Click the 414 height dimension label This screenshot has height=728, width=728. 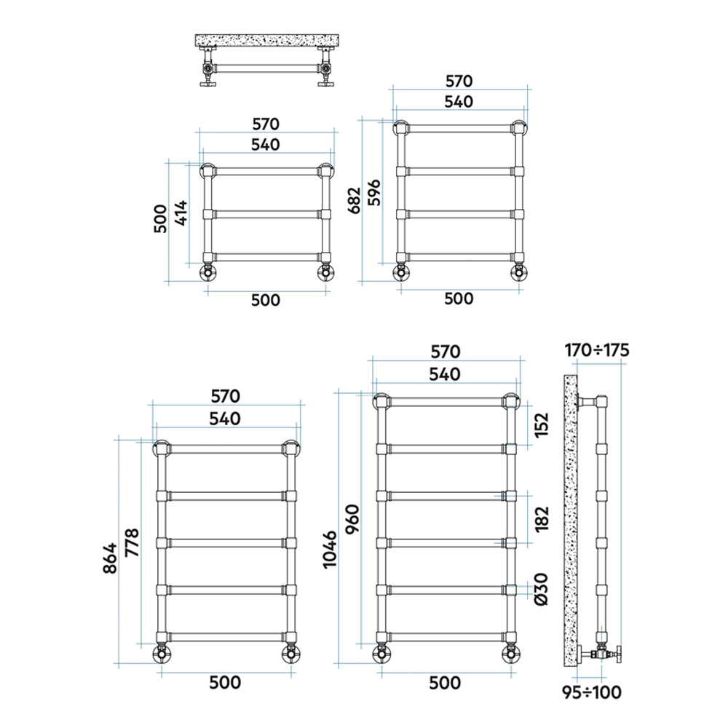[181, 213]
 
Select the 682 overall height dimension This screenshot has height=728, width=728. [355, 201]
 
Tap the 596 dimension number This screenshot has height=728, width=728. [374, 192]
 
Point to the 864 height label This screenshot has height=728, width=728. [111, 558]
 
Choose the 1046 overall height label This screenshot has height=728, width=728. [330, 550]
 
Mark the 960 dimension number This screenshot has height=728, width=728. [352, 519]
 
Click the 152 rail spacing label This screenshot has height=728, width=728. [542, 425]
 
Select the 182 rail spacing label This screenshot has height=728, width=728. [542, 519]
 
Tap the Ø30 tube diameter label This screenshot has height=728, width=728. [542, 589]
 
